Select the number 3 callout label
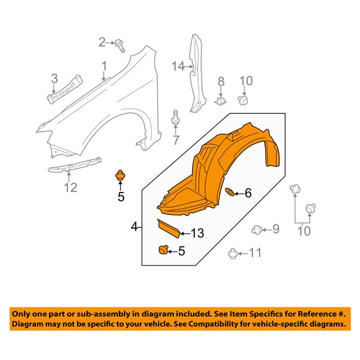tap(53, 78)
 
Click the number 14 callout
tap(176, 66)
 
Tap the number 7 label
tap(176, 141)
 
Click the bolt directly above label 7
tap(176, 117)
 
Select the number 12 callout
tap(70, 188)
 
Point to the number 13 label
tap(198, 233)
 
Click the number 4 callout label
tap(134, 227)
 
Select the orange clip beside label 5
tap(163, 250)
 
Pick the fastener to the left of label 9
tap(256, 229)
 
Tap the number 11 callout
tap(256, 253)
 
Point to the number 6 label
tap(248, 193)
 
